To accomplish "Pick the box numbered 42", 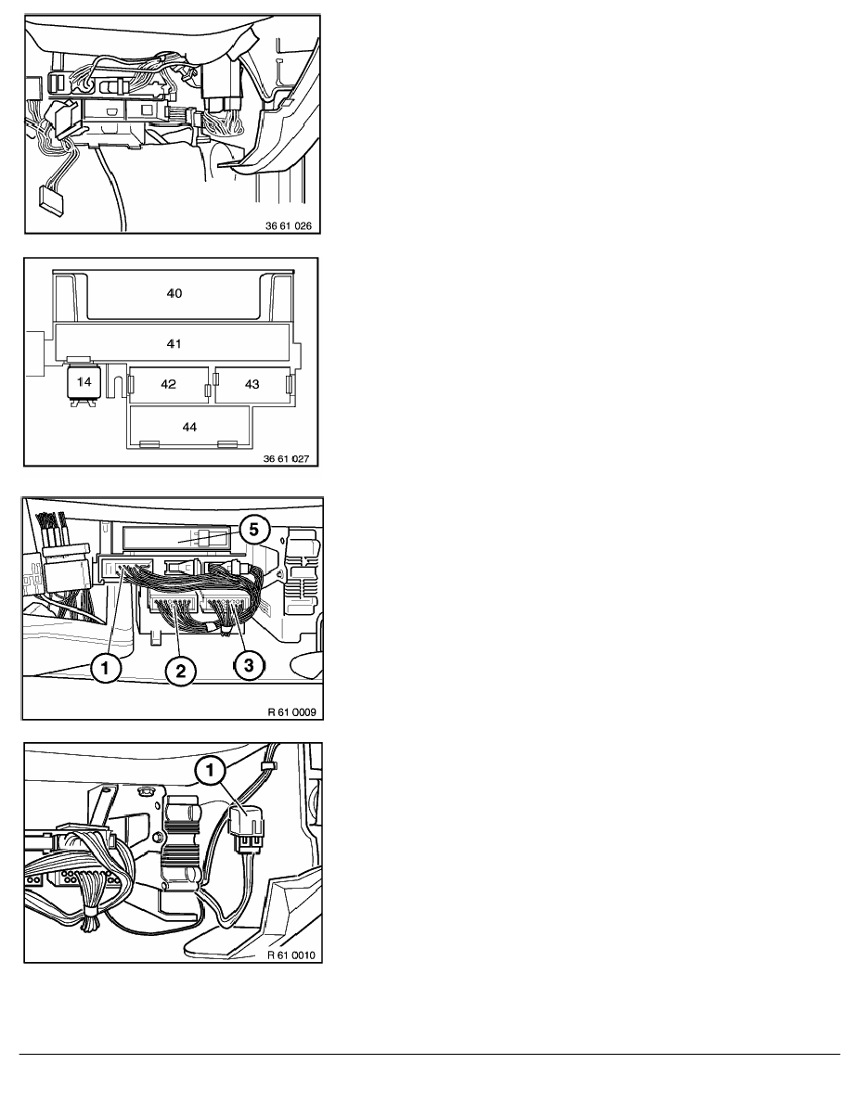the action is pyautogui.click(x=169, y=384).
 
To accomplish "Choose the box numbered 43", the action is pyautogui.click(x=252, y=384).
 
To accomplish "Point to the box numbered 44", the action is pyautogui.click(x=189, y=426).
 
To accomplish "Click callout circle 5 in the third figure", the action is pyautogui.click(x=253, y=530).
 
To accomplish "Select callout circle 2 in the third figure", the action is pyautogui.click(x=181, y=671).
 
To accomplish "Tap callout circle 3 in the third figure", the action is pyautogui.click(x=249, y=663).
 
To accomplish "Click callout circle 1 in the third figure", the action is pyautogui.click(x=106, y=668).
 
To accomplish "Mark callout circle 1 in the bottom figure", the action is pyautogui.click(x=210, y=770).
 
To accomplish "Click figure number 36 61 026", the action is pyautogui.click(x=289, y=225).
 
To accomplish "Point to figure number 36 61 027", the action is pyautogui.click(x=286, y=459).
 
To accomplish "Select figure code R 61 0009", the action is pyautogui.click(x=291, y=712).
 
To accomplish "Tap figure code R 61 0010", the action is pyautogui.click(x=291, y=955).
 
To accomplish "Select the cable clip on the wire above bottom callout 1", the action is pyautogui.click(x=267, y=764).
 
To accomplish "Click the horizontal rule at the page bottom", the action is pyautogui.click(x=430, y=1054).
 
